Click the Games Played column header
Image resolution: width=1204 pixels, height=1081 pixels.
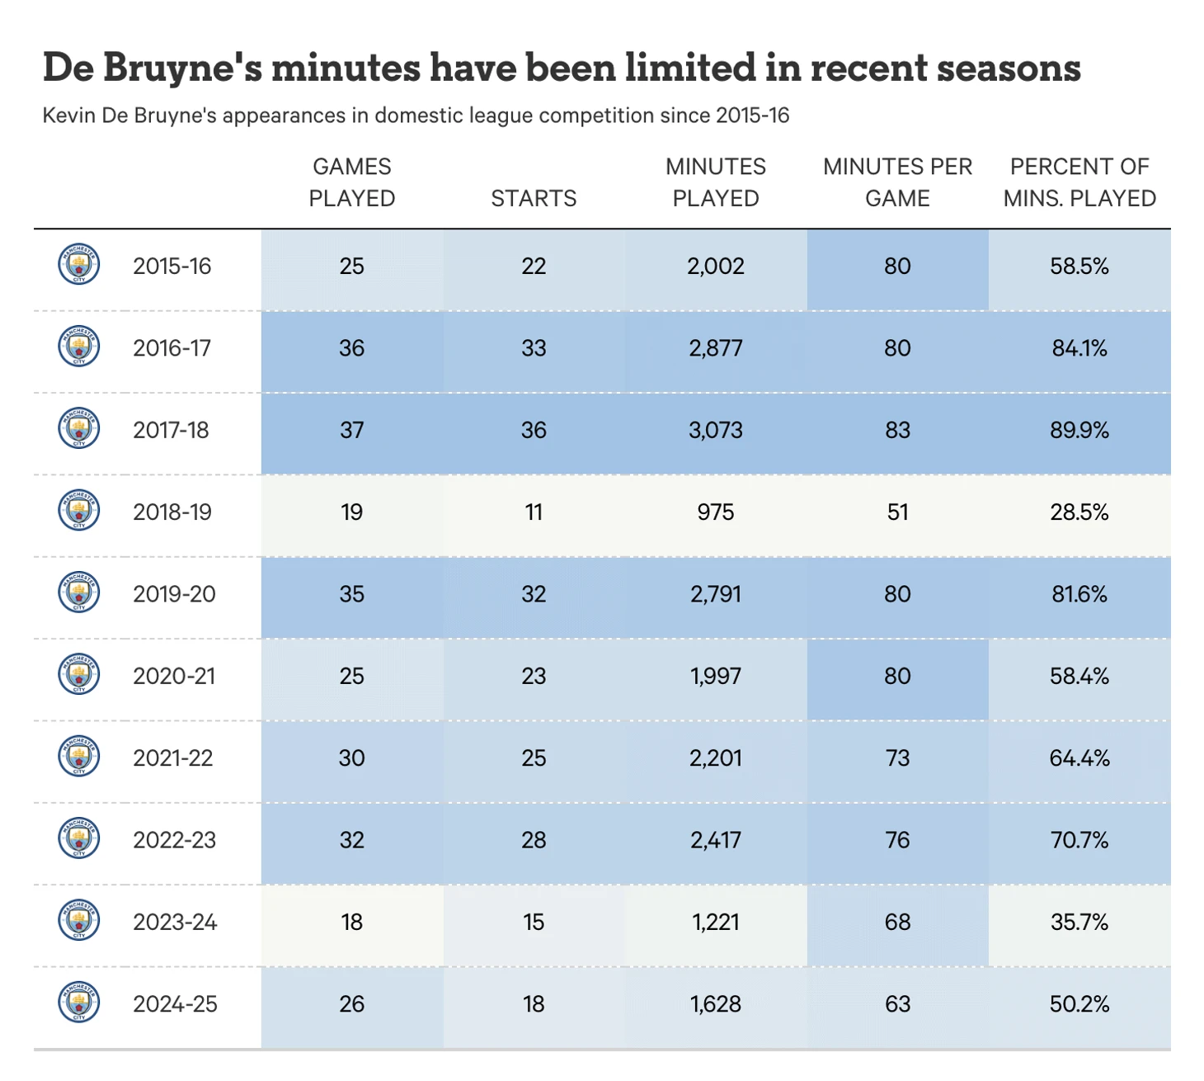(352, 182)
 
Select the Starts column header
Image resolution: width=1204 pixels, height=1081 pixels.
(534, 198)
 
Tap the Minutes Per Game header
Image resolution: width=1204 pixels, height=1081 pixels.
(897, 182)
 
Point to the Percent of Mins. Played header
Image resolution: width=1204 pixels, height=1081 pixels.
(1079, 182)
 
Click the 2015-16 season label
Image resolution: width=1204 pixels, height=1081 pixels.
(172, 266)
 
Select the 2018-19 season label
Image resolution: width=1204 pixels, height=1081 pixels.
(172, 512)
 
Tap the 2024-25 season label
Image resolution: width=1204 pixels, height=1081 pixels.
(175, 1003)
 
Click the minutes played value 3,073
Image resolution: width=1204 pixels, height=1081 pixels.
(716, 430)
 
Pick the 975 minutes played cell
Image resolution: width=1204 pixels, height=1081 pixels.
(716, 512)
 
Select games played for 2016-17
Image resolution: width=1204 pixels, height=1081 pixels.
(352, 347)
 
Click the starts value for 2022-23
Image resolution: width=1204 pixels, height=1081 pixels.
(534, 839)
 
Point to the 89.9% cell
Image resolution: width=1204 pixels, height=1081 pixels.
(1079, 430)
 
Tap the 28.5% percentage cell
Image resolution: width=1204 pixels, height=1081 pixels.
(1079, 512)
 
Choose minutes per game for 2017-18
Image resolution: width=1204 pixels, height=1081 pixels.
(897, 430)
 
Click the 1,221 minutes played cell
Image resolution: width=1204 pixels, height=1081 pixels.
(716, 921)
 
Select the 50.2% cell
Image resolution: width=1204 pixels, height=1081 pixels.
(1079, 1003)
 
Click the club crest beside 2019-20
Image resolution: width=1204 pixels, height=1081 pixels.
(79, 592)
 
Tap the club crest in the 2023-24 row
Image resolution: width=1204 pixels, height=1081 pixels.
(79, 920)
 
